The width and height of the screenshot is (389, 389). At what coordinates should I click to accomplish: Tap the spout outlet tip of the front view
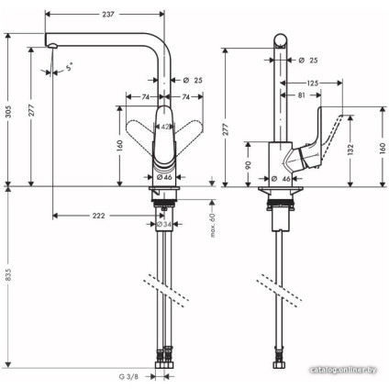52,48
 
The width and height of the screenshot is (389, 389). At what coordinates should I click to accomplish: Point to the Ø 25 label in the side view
308,61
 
